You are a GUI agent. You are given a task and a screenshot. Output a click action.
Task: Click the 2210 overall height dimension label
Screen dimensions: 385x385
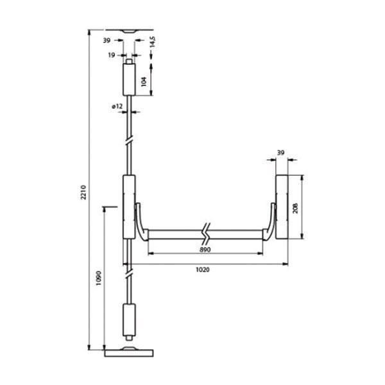point(83,193)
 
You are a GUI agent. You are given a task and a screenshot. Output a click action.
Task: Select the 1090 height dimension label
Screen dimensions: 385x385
point(99,278)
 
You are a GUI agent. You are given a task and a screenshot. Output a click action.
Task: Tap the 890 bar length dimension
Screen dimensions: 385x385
point(205,250)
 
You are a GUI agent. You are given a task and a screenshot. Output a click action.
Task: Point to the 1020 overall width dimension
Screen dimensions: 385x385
point(203,270)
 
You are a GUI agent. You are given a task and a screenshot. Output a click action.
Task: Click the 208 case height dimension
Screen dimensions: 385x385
point(295,208)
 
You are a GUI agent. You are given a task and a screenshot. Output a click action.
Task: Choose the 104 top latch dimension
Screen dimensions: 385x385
point(144,81)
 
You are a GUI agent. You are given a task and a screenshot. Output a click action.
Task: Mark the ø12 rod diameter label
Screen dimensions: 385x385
point(117,107)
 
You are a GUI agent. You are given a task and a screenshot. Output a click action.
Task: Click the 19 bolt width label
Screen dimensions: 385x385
point(112,55)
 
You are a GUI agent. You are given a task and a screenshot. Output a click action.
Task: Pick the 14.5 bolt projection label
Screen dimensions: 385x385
point(153,42)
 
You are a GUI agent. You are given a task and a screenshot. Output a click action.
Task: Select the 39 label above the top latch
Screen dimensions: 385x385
point(107,40)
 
